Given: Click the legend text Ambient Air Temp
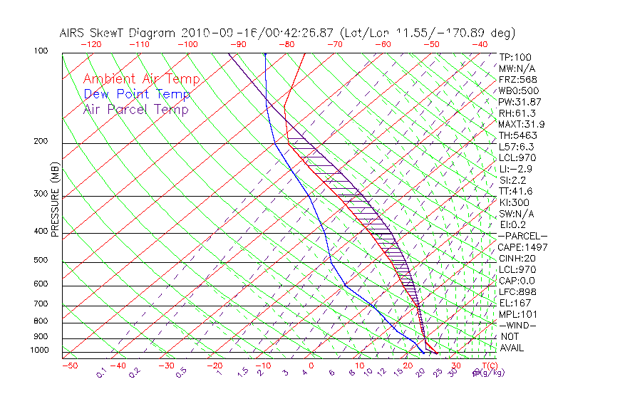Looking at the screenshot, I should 141,79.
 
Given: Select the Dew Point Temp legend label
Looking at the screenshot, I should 137,94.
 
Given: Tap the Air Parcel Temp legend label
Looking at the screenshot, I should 135,109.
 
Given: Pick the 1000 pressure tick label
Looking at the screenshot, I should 40,351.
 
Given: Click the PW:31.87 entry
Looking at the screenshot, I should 518,102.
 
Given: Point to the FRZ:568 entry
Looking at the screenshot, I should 517,80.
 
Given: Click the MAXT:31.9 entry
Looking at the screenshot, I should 520,125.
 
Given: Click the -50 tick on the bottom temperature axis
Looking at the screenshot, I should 69,366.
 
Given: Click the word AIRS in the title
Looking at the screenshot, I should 73,33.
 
